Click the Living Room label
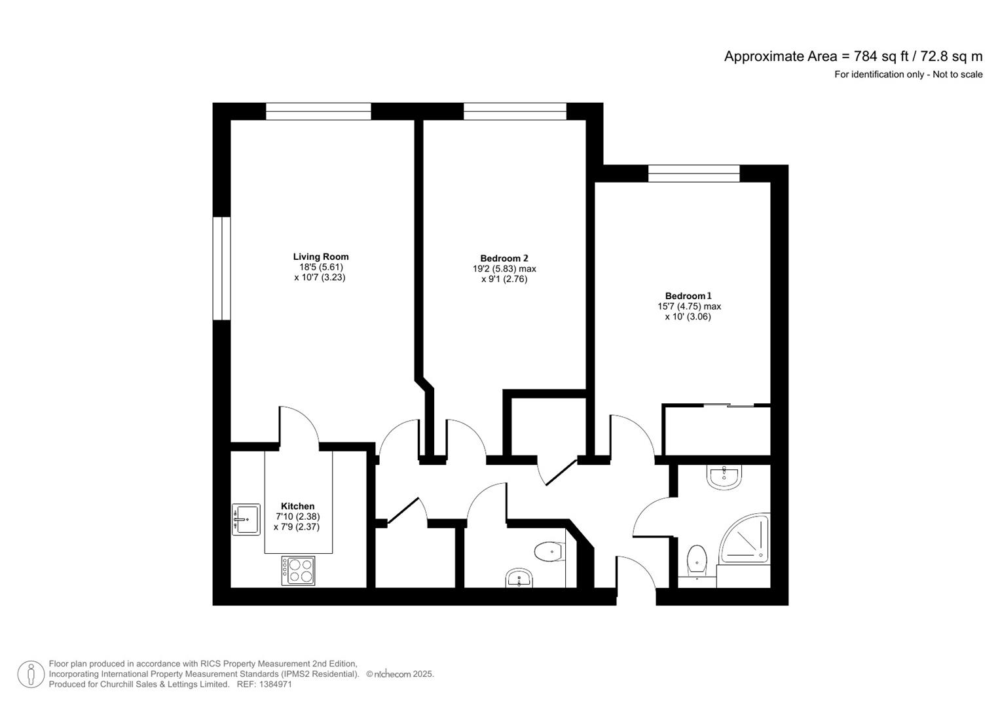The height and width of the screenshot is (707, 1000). (320, 257)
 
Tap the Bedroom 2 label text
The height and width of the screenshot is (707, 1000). (504, 259)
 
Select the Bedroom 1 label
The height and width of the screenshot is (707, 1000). (688, 296)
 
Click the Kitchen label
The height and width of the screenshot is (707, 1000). (297, 506)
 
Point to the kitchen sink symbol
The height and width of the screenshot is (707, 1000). (246, 519)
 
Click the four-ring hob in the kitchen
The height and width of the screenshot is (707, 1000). (298, 570)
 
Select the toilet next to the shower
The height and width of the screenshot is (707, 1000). (697, 561)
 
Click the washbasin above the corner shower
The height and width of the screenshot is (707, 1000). (724, 477)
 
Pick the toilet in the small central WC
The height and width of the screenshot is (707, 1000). (549, 552)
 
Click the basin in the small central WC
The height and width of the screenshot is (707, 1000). (520, 577)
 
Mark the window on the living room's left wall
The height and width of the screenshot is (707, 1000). (222, 268)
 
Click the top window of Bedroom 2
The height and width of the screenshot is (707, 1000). (515, 111)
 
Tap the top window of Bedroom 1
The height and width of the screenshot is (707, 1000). (694, 173)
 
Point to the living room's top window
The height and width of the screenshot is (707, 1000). (318, 111)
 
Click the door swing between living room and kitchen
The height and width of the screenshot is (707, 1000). (299, 427)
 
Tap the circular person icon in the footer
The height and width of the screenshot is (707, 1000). (31, 674)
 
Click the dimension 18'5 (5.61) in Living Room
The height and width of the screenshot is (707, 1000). (321, 267)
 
